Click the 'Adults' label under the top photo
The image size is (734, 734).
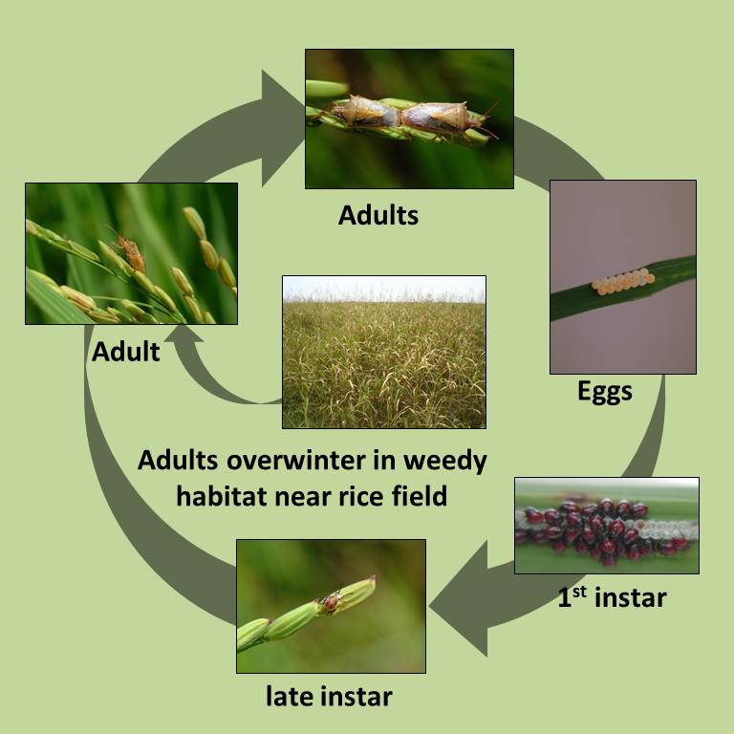point(378,215)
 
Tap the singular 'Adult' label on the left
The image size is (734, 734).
point(126,352)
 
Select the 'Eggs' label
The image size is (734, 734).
point(605,391)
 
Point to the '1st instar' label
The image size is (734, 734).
point(612,597)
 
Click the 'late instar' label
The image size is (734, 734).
point(329,696)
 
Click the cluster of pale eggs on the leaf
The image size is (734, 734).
point(622,281)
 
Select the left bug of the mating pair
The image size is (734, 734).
point(363,113)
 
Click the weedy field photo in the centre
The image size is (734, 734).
point(384,352)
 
